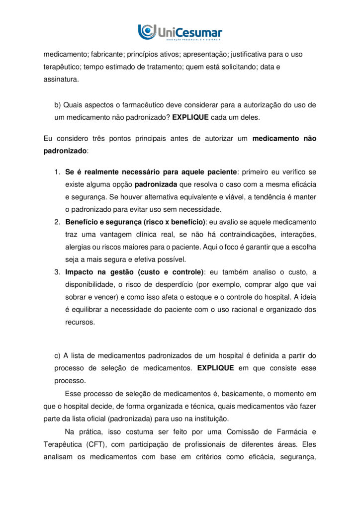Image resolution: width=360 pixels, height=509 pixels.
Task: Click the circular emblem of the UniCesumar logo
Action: (147, 31)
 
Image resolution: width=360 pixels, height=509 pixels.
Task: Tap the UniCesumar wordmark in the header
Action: (189, 32)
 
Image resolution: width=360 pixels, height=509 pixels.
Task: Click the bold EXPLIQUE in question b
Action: (190, 118)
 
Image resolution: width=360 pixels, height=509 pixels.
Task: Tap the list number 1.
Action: (57, 172)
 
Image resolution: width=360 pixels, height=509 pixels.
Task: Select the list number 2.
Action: (57, 222)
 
